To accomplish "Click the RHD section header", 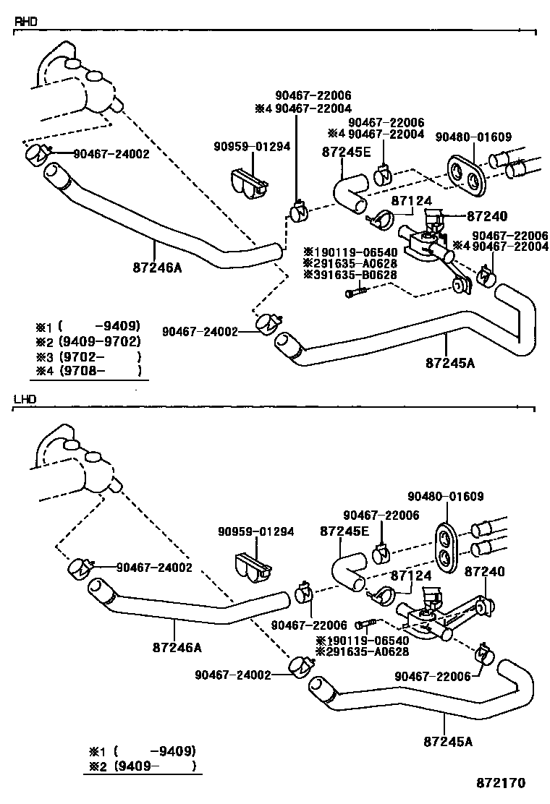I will click(x=25, y=22).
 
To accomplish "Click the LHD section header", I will click(x=25, y=398).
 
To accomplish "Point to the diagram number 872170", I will click(x=500, y=782).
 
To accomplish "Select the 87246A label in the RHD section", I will click(x=157, y=268).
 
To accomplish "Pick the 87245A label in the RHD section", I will click(x=450, y=363).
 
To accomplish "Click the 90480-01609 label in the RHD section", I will click(x=473, y=137).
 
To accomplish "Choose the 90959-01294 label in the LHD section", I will click(x=256, y=531).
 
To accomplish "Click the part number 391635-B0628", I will click(x=350, y=275).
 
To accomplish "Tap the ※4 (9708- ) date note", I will click(x=88, y=372).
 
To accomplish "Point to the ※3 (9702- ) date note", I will click(x=88, y=356).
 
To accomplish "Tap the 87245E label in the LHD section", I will click(x=344, y=531).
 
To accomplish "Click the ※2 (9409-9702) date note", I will click(x=88, y=341).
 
